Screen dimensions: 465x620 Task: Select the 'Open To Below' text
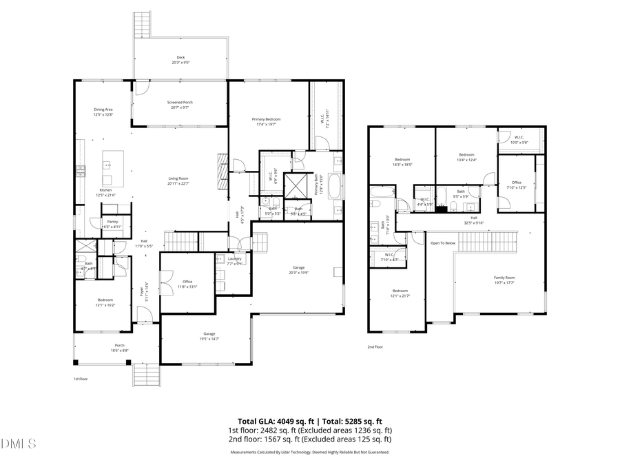(443, 243)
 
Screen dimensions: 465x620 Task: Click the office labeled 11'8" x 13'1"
(187, 283)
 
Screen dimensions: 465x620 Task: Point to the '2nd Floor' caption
(375, 347)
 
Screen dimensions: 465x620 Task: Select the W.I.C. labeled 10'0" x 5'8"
(519, 139)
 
